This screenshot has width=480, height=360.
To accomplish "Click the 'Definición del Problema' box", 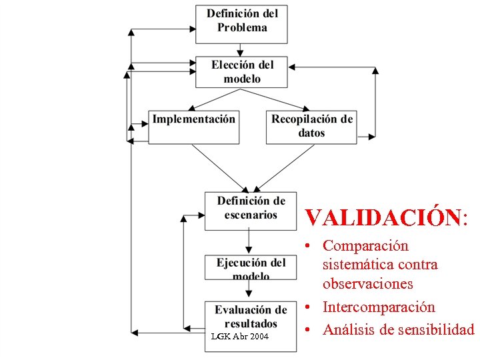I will click(x=241, y=24).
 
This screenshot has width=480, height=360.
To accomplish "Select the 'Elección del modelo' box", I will click(x=241, y=72).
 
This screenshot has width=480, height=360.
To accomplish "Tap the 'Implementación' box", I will click(x=193, y=127).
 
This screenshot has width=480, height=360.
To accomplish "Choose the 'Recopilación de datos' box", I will click(x=311, y=127).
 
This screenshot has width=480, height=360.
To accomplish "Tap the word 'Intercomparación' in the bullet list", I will click(x=379, y=307).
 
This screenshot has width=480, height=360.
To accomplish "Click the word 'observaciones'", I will click(x=367, y=283).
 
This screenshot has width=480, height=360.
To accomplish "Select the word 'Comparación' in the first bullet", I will click(x=365, y=246).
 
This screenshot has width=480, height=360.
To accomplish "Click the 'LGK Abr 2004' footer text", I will click(x=239, y=337).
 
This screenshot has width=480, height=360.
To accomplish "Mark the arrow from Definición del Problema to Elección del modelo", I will click(x=241, y=50).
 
